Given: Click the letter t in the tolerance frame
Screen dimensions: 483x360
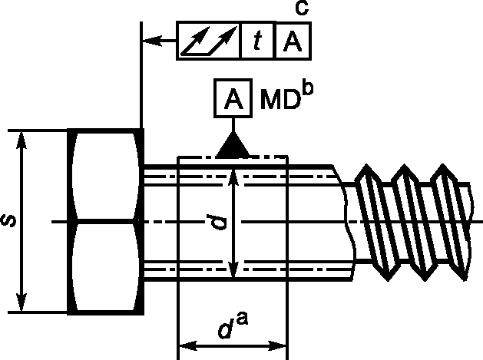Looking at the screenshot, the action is [257, 41].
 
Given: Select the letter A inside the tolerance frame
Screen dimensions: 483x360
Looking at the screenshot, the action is [293, 41].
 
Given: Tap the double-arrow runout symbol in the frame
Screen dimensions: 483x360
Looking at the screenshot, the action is [209, 41].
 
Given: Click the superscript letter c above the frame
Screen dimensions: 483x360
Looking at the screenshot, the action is [302, 8].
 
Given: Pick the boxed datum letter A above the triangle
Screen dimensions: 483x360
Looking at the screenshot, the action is [233, 98].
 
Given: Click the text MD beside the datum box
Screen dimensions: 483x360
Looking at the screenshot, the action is [280, 99].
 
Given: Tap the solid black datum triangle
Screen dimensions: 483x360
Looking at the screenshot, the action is [233, 145].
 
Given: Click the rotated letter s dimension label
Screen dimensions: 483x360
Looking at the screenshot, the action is [8, 221].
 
